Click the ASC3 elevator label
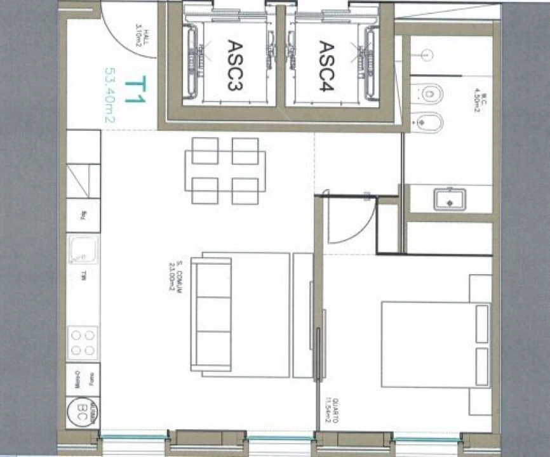pyautogui.click(x=234, y=65)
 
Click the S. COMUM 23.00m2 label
pyautogui.click(x=175, y=277)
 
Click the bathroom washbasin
pyautogui.click(x=450, y=199)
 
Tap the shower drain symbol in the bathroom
pyautogui.click(x=426, y=55)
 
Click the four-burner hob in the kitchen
pyautogui.click(x=83, y=342)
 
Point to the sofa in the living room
pyautogui.click(x=213, y=315)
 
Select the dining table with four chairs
pyautogui.click(x=225, y=171)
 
